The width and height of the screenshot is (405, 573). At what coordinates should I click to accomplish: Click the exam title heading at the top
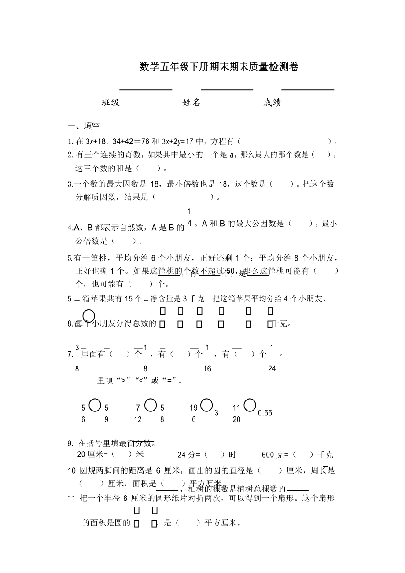pos(219,67)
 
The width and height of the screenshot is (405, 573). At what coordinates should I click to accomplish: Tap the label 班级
pos(110,103)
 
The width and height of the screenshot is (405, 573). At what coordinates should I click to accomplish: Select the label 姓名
pos(191,103)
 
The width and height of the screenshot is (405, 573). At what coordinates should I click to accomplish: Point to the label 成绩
pos(272,103)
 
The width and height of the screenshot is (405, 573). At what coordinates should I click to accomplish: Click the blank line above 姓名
pos(227,89)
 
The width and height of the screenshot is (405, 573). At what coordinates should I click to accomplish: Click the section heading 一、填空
pos(84,126)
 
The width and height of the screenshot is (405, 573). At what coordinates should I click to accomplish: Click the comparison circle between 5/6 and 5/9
pos(95,405)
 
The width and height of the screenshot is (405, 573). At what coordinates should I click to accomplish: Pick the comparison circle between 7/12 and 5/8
pos(151,405)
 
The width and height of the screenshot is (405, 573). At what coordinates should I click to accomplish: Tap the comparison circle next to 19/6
pos(206,405)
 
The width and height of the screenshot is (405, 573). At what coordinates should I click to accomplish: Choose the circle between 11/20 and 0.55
pos(250,405)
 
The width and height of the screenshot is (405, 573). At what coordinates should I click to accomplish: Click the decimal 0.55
pos(265,413)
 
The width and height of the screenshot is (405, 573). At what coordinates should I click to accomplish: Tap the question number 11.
pos(73,499)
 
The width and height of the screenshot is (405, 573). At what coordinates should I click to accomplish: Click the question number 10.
pos(73,471)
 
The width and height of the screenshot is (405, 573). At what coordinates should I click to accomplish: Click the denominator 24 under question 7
pos(272,369)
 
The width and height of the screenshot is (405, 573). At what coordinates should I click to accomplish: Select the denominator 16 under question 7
pos(207,369)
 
